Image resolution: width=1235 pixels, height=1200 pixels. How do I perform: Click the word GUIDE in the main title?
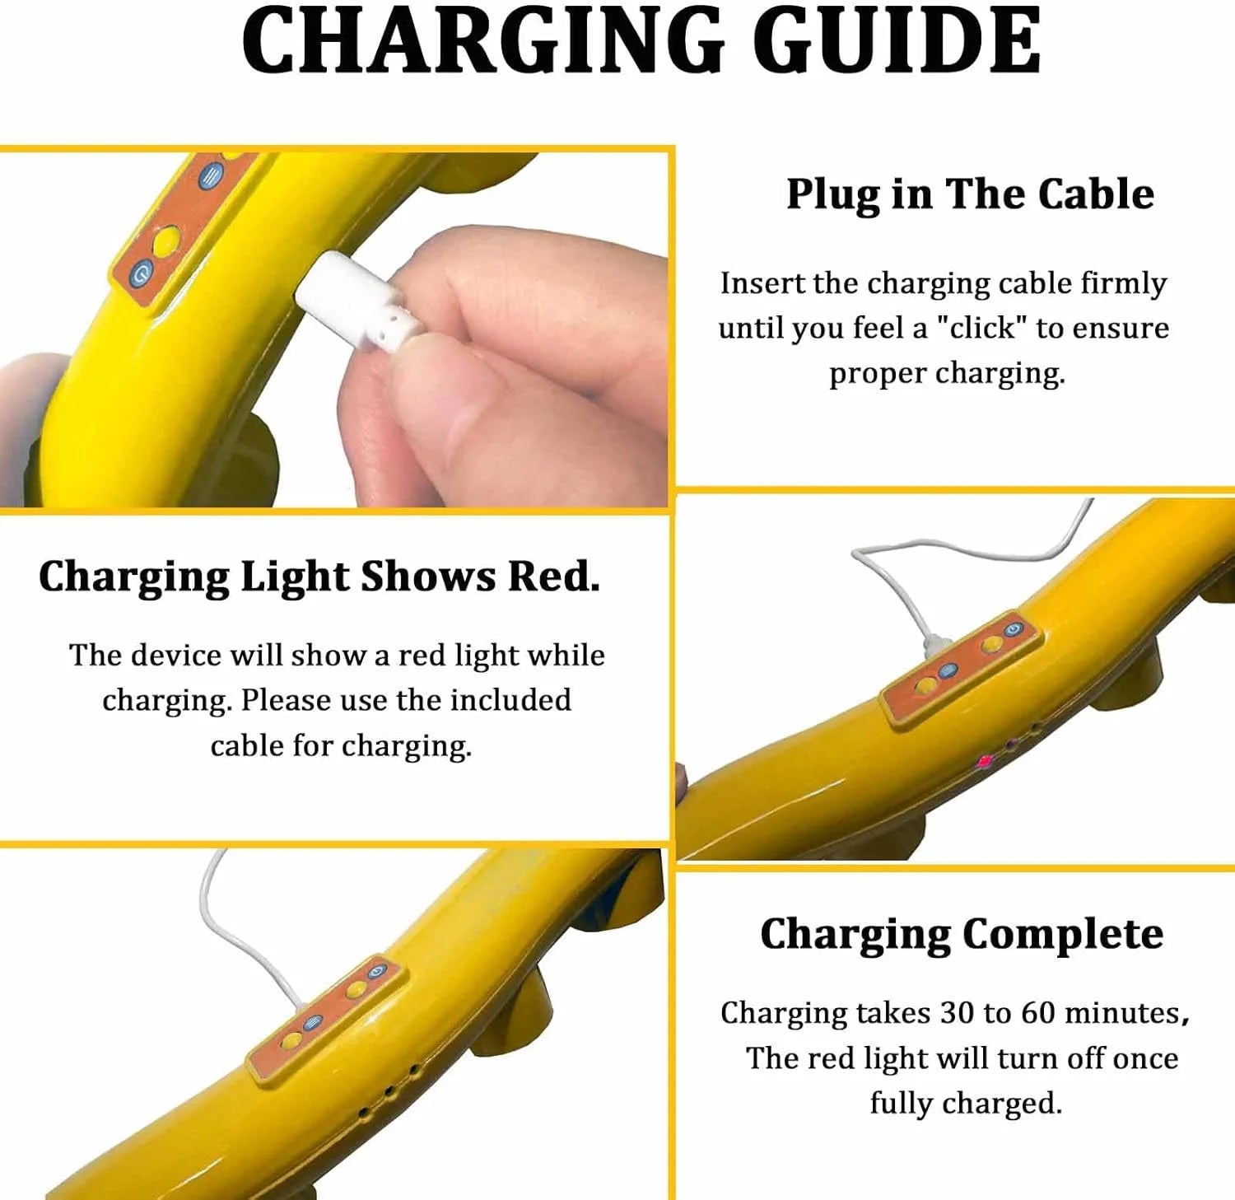pyautogui.click(x=897, y=41)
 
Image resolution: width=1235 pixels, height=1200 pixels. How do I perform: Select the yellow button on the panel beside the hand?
pyautogui.click(x=165, y=240)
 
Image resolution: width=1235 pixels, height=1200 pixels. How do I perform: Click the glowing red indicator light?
pyautogui.click(x=984, y=761)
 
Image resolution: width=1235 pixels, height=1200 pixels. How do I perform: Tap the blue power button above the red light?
pyautogui.click(x=1013, y=628)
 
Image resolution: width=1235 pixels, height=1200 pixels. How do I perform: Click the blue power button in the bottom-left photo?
pyautogui.click(x=377, y=971)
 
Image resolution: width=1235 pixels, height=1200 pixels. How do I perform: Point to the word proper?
pyautogui.click(x=878, y=374)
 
